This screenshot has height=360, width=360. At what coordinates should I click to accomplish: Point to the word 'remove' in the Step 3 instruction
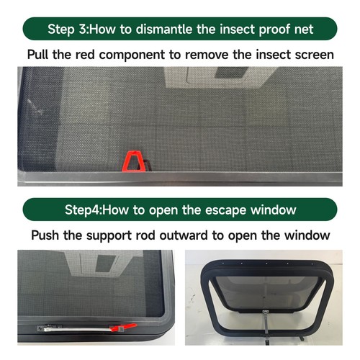[x=215, y=55]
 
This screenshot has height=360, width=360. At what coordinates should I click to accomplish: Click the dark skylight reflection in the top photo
[x=212, y=75]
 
